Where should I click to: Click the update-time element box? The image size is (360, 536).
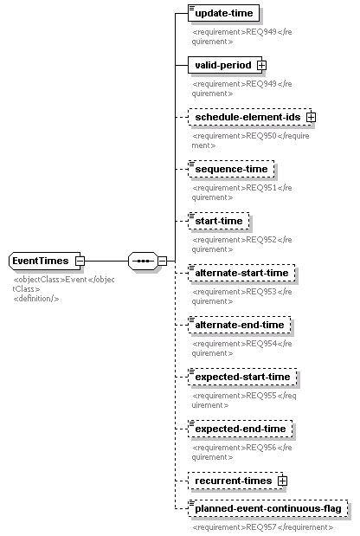click(224, 13)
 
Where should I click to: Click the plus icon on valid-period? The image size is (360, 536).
click(261, 65)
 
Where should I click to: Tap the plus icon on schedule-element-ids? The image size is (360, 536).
click(311, 117)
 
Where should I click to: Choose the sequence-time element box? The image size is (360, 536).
click(231, 169)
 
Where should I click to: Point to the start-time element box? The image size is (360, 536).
click(219, 221)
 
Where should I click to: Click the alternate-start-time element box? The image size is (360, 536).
click(241, 273)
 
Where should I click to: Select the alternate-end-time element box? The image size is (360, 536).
click(240, 325)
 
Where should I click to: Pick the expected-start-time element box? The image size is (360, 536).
click(242, 377)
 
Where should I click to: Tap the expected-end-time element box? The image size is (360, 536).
click(240, 429)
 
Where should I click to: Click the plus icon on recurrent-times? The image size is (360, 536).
click(282, 481)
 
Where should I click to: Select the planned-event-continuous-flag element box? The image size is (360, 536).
click(267, 508)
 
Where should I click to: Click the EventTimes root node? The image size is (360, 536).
click(45, 261)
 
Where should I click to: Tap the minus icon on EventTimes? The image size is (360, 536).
click(80, 262)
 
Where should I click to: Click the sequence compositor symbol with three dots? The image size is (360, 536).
click(144, 262)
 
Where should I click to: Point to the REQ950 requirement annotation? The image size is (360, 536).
click(250, 140)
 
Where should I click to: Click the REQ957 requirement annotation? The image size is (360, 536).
click(262, 527)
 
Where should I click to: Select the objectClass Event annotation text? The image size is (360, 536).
click(63, 284)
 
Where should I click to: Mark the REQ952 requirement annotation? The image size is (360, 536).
click(241, 244)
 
